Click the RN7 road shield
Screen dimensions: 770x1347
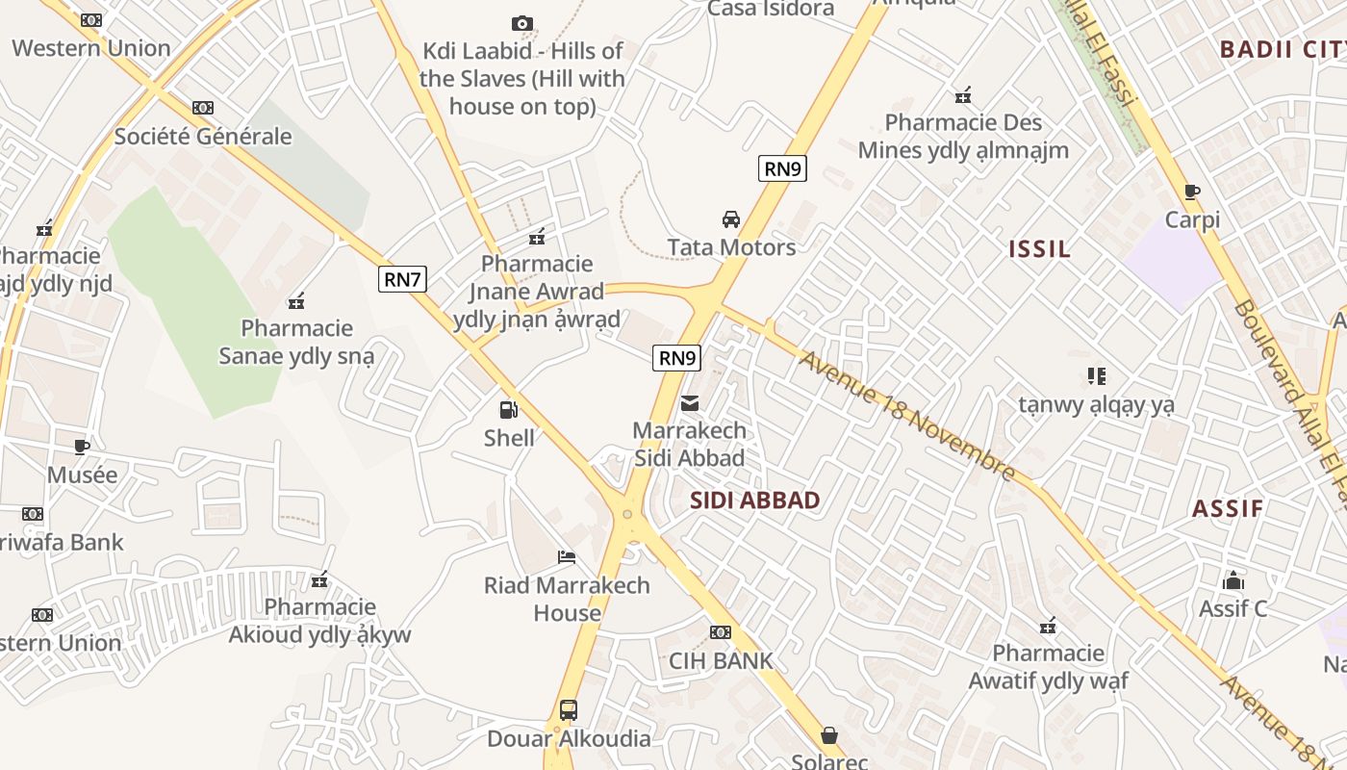[402, 280]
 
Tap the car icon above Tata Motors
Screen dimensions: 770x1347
[731, 219]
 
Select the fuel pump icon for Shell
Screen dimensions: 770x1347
[508, 410]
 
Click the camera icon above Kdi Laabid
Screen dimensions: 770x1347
[522, 23]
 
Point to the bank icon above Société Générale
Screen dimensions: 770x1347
[202, 108]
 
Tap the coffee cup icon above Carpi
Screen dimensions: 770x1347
[1192, 192]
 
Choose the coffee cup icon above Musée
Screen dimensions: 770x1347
[82, 447]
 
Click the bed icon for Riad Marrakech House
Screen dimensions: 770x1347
[567, 557]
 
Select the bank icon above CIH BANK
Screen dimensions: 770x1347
[720, 632]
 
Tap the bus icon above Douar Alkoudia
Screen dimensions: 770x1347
[569, 710]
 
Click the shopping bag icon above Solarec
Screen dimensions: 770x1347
[828, 735]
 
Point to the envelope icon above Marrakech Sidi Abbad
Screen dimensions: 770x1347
[690, 402]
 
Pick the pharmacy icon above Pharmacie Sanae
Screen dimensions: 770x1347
[296, 301]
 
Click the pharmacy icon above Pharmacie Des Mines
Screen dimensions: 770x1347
[963, 95]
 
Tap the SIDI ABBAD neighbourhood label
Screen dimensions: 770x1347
[755, 500]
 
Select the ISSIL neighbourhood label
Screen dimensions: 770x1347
[1039, 249]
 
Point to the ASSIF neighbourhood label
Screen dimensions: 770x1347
[1228, 509]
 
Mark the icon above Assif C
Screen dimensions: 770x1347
[1233, 580]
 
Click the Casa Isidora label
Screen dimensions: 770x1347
[771, 9]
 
